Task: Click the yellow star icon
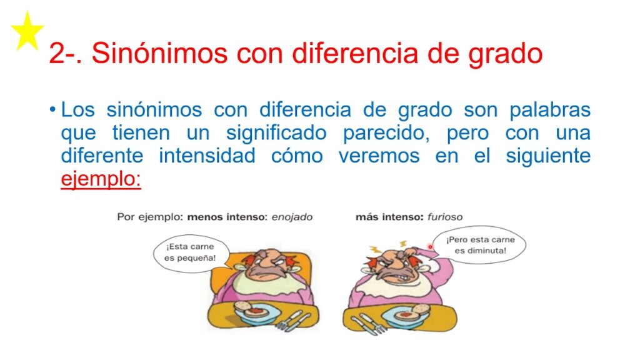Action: point(27,32)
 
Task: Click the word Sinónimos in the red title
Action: point(159,53)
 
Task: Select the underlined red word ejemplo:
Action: point(101,179)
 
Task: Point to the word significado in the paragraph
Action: point(276,134)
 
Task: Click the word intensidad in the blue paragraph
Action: point(207,156)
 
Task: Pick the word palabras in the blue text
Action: point(550,111)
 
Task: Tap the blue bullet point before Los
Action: point(52,110)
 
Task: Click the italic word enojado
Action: point(292,217)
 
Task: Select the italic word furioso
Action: point(445,217)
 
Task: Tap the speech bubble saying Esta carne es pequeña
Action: point(190,253)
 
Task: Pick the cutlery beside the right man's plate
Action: point(369,325)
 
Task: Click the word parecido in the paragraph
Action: point(386,134)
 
